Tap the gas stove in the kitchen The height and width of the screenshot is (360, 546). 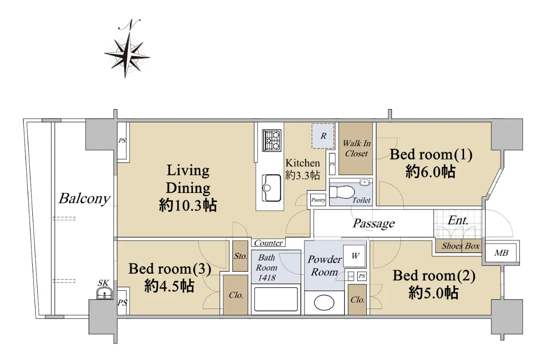point(272,140)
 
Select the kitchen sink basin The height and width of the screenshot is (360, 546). point(271,188)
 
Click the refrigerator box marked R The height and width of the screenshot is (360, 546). point(323,136)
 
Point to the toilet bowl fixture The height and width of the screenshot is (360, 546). point(342,192)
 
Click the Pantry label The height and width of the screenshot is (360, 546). point(318,200)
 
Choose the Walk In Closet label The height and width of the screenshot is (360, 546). point(356,148)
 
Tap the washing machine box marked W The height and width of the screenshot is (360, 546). point(354,256)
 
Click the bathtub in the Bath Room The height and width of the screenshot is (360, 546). point(276,299)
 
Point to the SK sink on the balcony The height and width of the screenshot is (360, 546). point(105,293)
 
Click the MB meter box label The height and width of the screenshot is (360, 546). point(501,253)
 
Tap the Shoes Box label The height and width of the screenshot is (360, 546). point(460,246)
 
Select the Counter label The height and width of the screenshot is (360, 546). point(268,243)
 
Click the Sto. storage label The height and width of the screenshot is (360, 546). point(241,256)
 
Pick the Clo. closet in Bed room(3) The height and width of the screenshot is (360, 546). point(236,295)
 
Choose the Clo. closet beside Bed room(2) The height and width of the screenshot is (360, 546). point(357,299)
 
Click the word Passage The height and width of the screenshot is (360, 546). point(374,223)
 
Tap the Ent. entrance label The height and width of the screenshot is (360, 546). point(458,221)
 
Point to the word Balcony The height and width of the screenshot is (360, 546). point(84,198)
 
